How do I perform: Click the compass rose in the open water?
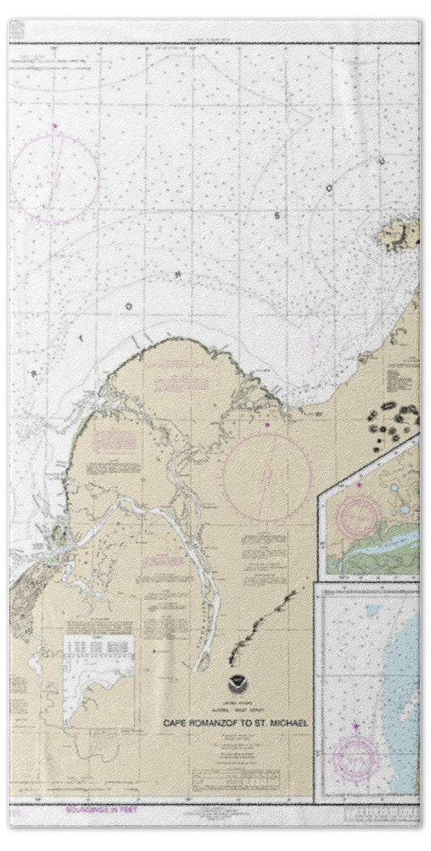[x=54, y=178]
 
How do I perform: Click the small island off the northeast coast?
[x=400, y=235]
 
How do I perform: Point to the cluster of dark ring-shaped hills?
[x=394, y=421]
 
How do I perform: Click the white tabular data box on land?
[x=98, y=654]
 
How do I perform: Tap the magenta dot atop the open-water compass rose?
[x=54, y=125]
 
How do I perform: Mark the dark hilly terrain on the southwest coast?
[x=24, y=595]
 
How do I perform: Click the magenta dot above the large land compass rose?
[x=266, y=424]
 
